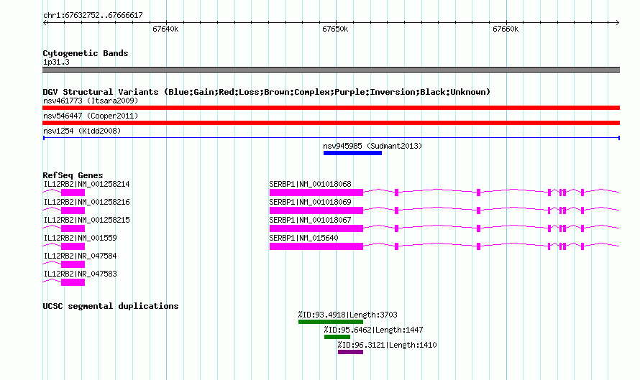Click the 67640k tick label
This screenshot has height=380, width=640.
click(x=165, y=29)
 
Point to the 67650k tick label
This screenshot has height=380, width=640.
click(x=335, y=29)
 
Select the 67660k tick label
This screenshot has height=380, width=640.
click(x=506, y=29)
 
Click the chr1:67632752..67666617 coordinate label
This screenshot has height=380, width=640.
click(x=93, y=16)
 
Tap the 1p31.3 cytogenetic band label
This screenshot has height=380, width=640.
click(x=56, y=62)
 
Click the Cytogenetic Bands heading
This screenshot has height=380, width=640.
click(x=86, y=53)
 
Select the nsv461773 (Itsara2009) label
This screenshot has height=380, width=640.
click(x=91, y=101)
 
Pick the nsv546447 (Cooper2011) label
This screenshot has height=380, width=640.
click(x=91, y=116)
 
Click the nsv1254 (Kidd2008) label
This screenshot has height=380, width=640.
click(x=82, y=131)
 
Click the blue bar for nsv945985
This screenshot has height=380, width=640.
click(x=352, y=153)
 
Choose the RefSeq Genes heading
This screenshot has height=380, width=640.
click(x=73, y=175)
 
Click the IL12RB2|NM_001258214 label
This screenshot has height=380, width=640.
click(x=86, y=185)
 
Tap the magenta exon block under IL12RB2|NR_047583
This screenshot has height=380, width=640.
click(x=73, y=282)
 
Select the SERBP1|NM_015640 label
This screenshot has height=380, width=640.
click(x=303, y=238)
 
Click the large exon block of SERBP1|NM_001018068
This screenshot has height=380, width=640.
click(x=316, y=193)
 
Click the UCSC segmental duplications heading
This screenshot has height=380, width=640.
click(x=111, y=306)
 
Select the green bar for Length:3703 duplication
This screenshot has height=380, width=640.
click(x=331, y=322)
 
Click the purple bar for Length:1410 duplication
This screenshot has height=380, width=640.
click(x=351, y=352)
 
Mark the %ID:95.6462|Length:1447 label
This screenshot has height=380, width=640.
click(x=373, y=330)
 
